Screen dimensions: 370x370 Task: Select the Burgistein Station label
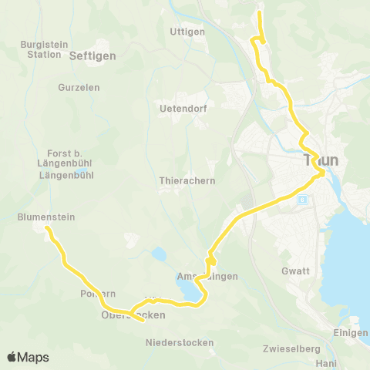[43, 50]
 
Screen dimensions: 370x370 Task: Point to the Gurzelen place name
[79, 88]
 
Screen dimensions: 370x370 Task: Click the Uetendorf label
[180, 109]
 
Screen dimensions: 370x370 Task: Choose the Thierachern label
[187, 180]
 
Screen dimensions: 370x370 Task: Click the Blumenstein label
[46, 217]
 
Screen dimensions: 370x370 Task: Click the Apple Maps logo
[28, 357]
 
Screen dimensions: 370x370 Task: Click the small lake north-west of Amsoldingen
[160, 254]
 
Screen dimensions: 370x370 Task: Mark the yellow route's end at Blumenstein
[47, 228]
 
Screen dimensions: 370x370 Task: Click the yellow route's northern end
[259, 13]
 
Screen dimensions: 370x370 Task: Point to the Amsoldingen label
[206, 276]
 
